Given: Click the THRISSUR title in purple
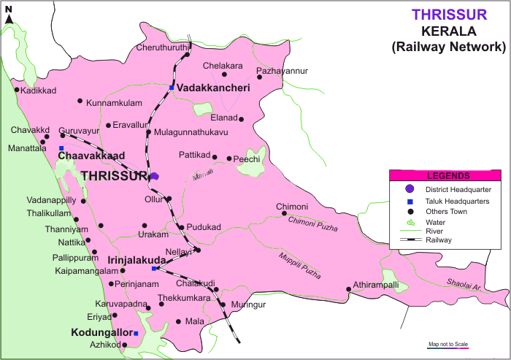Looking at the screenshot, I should point(449,15).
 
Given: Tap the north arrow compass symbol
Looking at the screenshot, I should point(9,15).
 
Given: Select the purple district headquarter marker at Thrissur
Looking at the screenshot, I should point(154,176).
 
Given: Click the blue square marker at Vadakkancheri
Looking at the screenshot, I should point(172,88).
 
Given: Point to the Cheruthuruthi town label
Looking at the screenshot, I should point(161,47).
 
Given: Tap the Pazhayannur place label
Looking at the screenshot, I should point(283,71).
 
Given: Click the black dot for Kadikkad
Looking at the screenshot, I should point(17,90).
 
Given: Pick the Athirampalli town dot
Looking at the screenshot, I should point(348,289).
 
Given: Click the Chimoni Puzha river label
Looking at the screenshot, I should point(313,224).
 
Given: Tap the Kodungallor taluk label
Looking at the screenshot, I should point(100,332).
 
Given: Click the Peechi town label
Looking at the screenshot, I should point(247,158).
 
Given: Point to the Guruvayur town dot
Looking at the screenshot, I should point(62,135).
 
